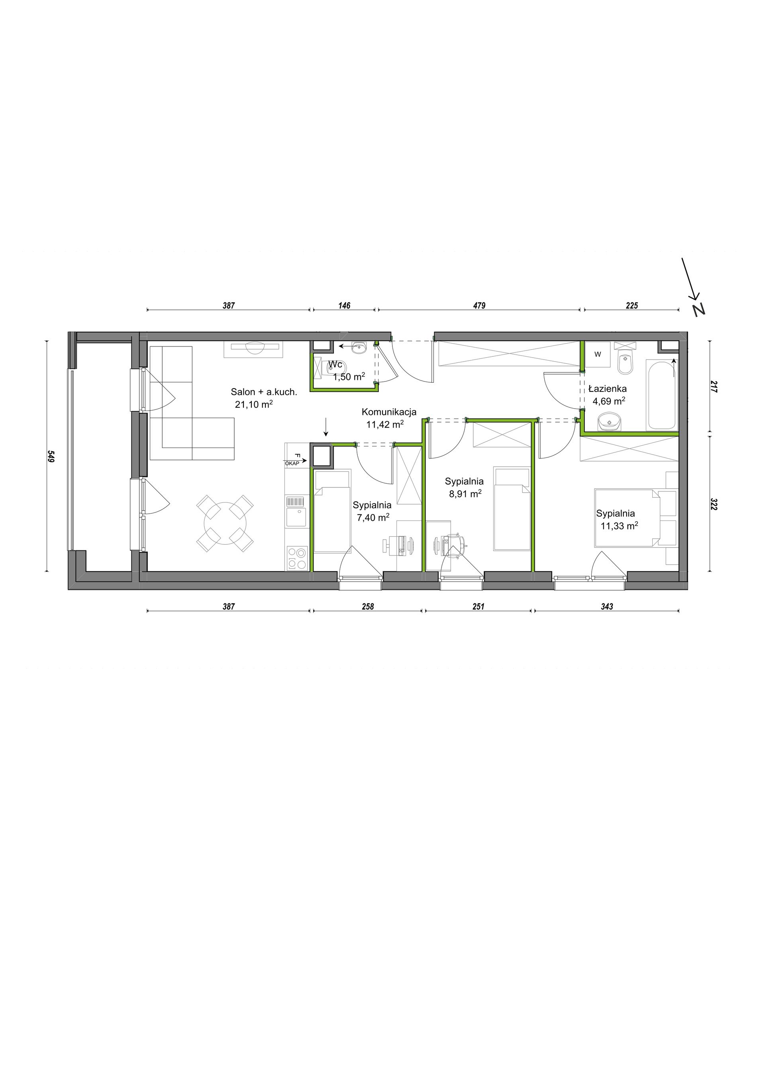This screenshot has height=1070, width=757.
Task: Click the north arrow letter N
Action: coord(698,309)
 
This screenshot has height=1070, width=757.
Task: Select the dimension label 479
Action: coord(479,306)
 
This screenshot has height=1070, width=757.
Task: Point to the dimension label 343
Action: coord(607,606)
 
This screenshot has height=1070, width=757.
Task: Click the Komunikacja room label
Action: coord(389,412)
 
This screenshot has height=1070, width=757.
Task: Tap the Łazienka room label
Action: coord(607,389)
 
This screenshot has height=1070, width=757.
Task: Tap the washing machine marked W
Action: coord(598,354)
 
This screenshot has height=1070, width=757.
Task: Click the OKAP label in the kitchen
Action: coord(291,463)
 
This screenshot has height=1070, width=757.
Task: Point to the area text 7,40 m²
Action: coord(374,517)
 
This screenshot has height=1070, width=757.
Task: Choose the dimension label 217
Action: coord(714,387)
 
